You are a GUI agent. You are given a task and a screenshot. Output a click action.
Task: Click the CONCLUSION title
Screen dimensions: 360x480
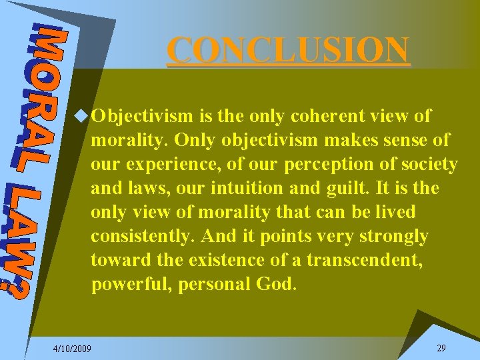coord(288,50)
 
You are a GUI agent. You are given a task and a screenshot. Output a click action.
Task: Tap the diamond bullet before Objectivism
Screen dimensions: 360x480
coord(83,116)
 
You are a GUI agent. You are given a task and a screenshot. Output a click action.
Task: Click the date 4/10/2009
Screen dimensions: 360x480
coord(73,349)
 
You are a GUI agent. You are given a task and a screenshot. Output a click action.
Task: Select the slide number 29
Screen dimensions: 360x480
coord(441,348)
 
